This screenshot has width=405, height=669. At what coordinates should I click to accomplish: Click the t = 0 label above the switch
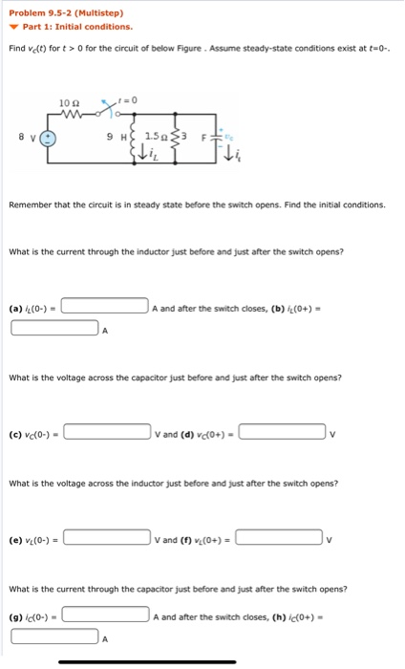point(130,99)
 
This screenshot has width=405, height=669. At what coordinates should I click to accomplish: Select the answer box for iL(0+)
point(54,331)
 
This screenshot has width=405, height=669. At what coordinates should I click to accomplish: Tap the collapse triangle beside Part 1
point(14,27)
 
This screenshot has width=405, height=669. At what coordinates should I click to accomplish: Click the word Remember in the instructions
point(31,205)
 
